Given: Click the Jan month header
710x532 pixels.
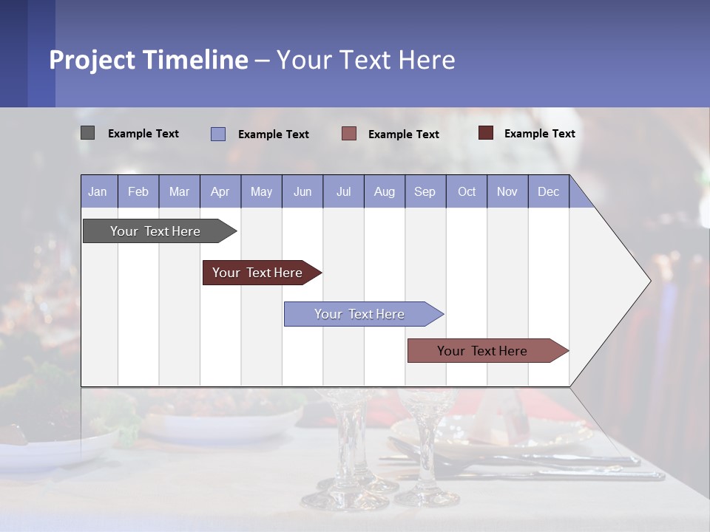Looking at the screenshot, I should [98, 191].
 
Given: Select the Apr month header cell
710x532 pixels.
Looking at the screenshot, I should [220, 191].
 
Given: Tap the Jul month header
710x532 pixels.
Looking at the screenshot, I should [343, 191].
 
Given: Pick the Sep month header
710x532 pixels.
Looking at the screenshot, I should [425, 191].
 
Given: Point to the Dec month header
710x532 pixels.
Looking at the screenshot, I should [548, 191].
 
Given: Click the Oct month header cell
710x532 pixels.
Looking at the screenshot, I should [467, 191].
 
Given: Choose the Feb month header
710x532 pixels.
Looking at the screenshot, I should [138, 191].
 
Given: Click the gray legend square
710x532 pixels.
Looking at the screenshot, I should [87, 133].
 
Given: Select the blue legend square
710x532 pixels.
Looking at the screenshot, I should [218, 134].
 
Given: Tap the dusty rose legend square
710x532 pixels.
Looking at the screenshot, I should [349, 134].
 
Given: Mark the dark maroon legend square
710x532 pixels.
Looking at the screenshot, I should [486, 133].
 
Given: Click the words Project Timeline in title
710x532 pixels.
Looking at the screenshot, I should [149, 60].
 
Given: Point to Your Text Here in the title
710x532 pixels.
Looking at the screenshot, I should [366, 60].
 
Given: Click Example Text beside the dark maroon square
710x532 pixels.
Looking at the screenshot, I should [539, 134].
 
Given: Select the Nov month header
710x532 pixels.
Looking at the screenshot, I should [507, 191].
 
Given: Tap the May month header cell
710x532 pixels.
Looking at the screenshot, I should [261, 191].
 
